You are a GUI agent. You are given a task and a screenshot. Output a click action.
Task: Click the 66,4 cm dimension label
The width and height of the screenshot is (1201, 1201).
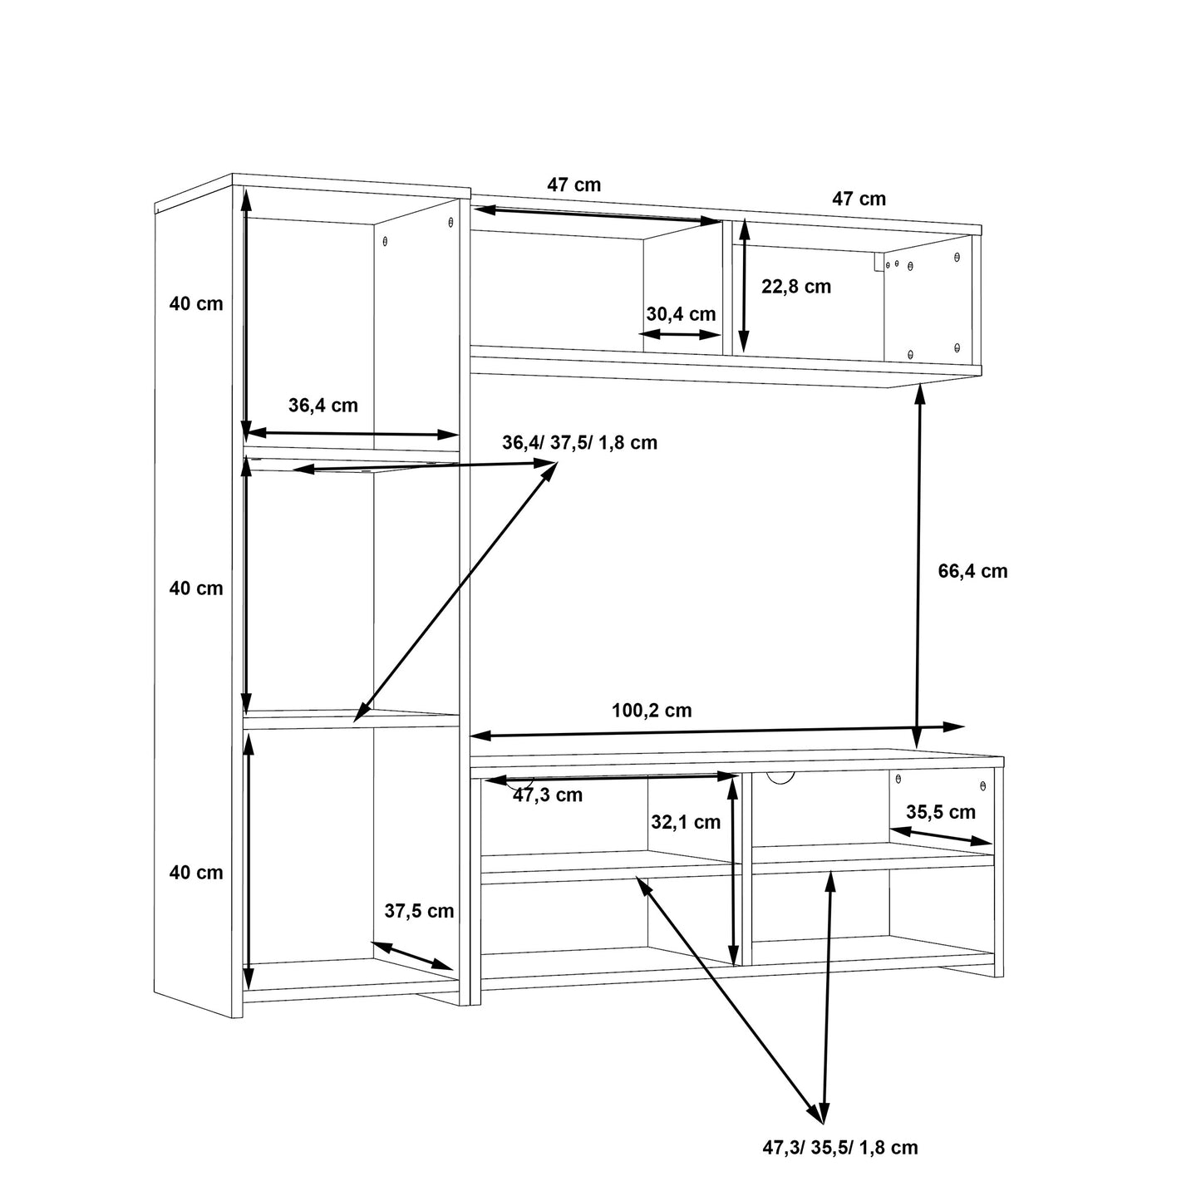coord(972,571)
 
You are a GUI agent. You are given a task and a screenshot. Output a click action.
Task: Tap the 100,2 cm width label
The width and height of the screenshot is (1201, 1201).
coord(652,711)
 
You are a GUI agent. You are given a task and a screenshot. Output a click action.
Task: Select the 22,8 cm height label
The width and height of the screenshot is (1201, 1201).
coord(795,287)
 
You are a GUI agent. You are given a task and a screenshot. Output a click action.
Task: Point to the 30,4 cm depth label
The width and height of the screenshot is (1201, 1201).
coord(681,314)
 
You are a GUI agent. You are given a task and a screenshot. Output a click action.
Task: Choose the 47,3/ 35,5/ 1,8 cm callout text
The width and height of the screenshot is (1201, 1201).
coord(840,1148)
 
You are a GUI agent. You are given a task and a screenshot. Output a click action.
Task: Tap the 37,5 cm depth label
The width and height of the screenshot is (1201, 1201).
coord(419,911)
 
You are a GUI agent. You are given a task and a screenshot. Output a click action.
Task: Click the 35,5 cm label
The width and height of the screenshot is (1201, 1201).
coord(940,812)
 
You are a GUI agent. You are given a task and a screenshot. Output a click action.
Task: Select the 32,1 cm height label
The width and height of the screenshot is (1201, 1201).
coord(685,822)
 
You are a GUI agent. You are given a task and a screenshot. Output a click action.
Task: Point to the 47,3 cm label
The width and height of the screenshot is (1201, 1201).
coord(547,795)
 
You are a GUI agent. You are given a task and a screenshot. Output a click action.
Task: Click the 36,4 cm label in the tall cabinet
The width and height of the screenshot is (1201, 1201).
coord(322,406)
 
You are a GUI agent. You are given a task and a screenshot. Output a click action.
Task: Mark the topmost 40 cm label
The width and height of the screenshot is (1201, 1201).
coord(196,304)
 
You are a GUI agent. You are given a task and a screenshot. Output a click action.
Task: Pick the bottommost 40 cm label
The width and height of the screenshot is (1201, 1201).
coord(196,873)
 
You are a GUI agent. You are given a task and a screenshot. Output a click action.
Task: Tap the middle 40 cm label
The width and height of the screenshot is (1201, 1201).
coord(196,588)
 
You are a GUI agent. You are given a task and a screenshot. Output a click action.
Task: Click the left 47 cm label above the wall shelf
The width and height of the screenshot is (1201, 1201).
coord(573,185)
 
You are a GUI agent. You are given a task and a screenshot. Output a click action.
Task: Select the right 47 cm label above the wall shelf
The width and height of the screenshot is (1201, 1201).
coord(859,199)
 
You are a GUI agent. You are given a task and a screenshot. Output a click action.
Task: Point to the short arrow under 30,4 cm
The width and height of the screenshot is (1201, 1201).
coord(681,334)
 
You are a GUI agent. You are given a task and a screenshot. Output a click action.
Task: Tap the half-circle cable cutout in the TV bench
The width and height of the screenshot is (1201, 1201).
coord(780,777)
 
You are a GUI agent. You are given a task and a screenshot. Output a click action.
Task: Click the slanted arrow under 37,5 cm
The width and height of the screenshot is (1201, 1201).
coord(412,956)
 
